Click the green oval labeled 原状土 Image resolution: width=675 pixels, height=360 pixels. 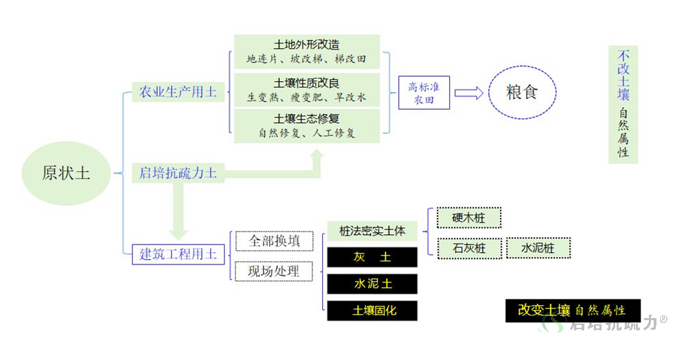(66, 173)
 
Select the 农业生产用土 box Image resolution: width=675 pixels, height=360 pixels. (178, 92)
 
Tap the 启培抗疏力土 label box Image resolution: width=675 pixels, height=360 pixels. (178, 173)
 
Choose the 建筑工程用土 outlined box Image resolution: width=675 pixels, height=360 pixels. (178, 254)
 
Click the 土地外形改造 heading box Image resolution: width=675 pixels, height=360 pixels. (307, 52)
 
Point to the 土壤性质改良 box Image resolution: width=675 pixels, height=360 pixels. (307, 89)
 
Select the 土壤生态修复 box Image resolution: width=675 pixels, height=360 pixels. (307, 126)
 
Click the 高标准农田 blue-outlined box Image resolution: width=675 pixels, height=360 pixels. (424, 93)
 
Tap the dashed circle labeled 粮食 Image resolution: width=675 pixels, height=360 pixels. (522, 92)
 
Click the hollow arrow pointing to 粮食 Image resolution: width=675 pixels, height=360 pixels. (469, 93)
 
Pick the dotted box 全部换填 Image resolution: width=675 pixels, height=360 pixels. (274, 241)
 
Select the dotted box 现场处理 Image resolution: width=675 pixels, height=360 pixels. (274, 271)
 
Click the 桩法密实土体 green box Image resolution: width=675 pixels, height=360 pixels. (372, 232)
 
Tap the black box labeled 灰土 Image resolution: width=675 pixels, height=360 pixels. (372, 257)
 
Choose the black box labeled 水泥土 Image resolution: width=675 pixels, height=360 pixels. (372, 284)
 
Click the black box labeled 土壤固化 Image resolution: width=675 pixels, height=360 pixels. (372, 311)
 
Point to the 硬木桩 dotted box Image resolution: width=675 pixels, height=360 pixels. (469, 218)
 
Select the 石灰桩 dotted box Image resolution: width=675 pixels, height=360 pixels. (470, 249)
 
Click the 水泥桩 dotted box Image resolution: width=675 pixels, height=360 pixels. (538, 248)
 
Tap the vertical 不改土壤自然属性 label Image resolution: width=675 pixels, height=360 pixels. (623, 104)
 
